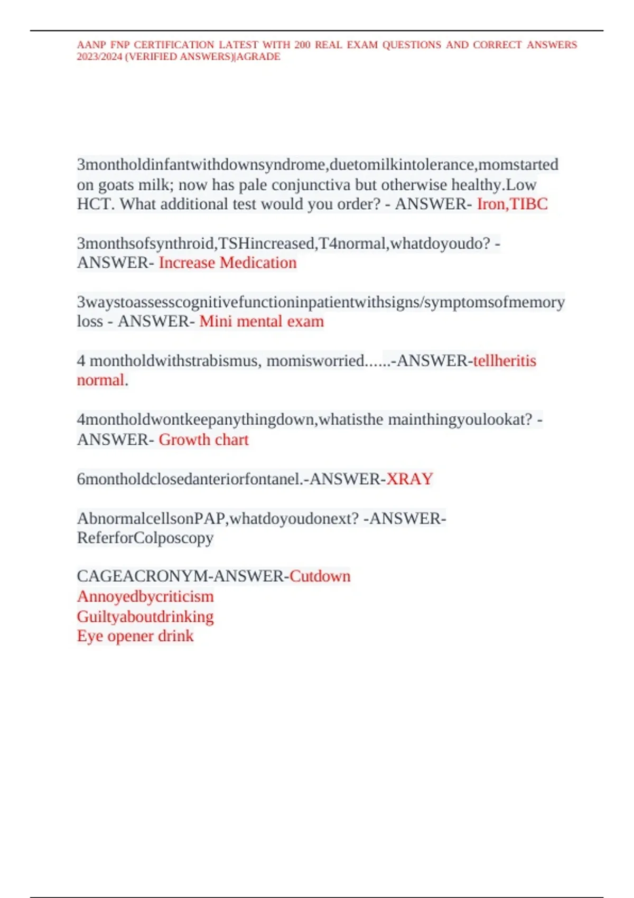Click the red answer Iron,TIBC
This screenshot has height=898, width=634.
pos(512,204)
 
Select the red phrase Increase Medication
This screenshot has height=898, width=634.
pos(228,263)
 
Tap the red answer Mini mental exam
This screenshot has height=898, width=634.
pos(262,322)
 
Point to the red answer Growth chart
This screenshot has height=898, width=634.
pos(203,440)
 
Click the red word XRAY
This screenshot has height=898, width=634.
pos(409,479)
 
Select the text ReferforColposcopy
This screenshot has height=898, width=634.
pos(145,538)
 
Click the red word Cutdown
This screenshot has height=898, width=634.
pos(320,576)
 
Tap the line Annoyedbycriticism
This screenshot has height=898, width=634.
pos(145,597)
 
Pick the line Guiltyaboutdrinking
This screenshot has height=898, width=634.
pos(145,617)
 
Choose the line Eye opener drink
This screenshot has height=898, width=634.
pos(135,636)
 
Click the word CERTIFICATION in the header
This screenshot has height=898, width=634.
pos(174,45)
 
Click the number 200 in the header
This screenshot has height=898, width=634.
pos(302,45)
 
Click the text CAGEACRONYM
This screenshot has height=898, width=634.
pos(143,576)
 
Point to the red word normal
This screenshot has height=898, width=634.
pos(100,380)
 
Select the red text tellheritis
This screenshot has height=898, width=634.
pos(505,361)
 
